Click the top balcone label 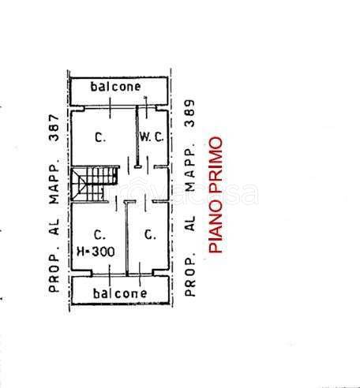click(x=115, y=87)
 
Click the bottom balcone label click(x=120, y=293)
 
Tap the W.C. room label click(x=152, y=136)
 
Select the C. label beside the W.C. click(x=100, y=137)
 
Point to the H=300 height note click(x=96, y=252)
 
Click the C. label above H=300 click(x=99, y=234)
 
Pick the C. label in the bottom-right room click(x=150, y=234)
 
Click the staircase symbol click(x=95, y=184)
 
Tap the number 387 click(x=54, y=128)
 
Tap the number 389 click(x=189, y=114)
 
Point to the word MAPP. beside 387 click(x=54, y=181)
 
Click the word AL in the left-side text click(x=54, y=226)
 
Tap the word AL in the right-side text click(x=189, y=223)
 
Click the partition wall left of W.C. click(x=137, y=136)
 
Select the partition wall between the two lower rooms click(x=127, y=239)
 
